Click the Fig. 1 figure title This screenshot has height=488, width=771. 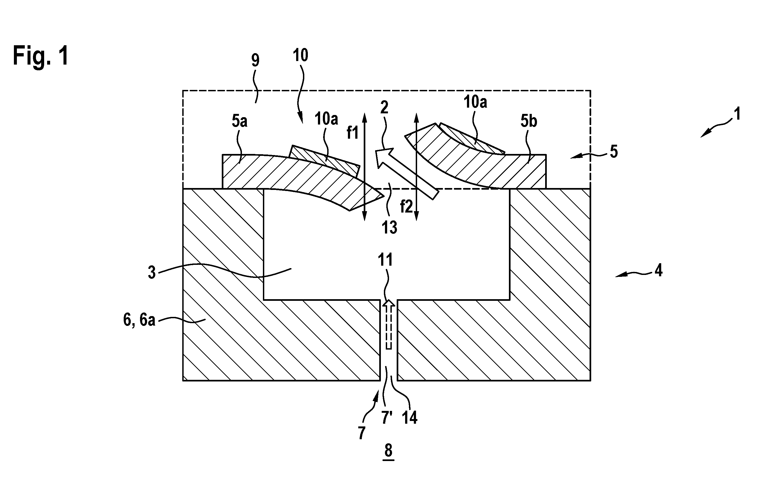[x=41, y=56]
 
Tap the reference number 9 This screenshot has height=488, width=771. [x=255, y=60]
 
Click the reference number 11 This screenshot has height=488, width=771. [x=385, y=260]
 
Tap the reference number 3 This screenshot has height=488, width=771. [x=152, y=272]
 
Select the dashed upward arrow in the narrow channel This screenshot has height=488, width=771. [x=389, y=324]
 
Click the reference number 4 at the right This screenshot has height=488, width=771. [x=658, y=271]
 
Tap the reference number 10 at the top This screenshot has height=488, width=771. [x=300, y=55]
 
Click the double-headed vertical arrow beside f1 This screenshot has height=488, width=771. [x=364, y=167]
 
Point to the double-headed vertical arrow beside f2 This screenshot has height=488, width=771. [x=416, y=167]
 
